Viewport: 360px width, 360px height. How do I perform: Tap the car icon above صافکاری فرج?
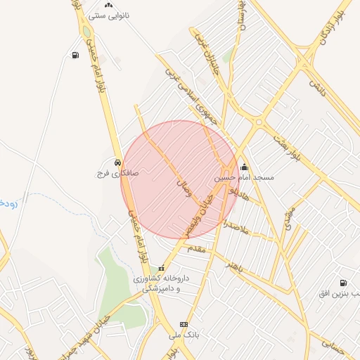(x=116, y=161)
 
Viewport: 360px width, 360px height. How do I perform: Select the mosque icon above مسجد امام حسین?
(x=244, y=167)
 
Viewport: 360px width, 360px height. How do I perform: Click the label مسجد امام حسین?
(x=244, y=178)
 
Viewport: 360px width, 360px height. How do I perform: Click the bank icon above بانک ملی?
(x=184, y=324)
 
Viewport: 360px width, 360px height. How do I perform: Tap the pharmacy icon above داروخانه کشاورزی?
(x=162, y=268)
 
